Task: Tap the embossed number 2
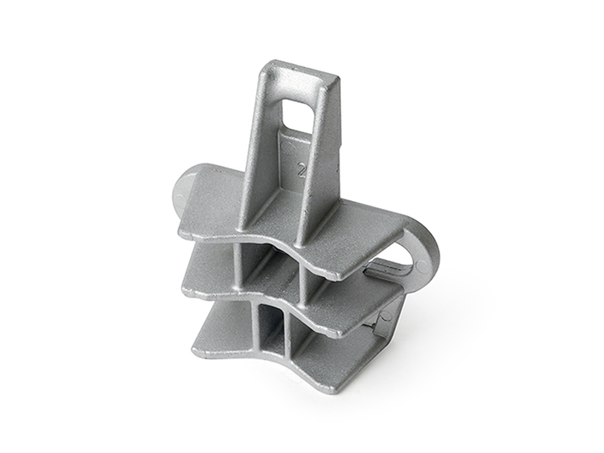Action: [x=301, y=169]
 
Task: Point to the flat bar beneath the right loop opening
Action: [x=391, y=272]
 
